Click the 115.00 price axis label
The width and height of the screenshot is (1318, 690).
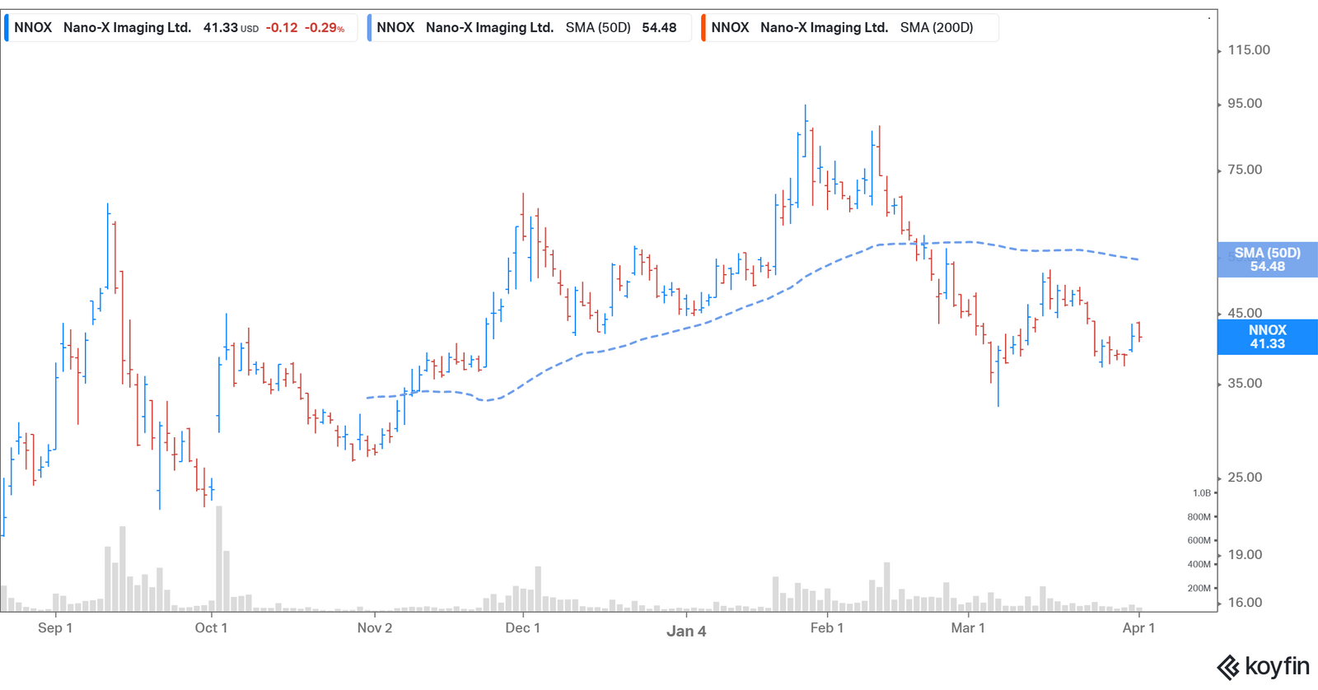point(1248,50)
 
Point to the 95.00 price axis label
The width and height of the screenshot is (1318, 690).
point(1244,104)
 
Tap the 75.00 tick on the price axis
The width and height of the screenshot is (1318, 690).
point(1244,170)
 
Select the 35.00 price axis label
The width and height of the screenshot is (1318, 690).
point(1244,384)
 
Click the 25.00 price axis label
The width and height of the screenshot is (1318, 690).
point(1244,478)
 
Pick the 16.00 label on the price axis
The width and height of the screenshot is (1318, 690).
point(1244,603)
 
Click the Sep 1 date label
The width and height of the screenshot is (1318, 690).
point(55,628)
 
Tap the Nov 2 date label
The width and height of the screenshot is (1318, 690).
point(375,628)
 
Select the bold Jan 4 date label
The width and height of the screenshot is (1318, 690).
point(686,632)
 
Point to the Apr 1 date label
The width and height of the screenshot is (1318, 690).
point(1138,628)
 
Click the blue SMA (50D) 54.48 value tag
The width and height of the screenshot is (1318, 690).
point(1267,260)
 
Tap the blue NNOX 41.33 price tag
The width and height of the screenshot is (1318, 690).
point(1267,337)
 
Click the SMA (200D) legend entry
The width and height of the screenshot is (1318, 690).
point(848,28)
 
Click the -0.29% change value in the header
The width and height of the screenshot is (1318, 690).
point(325,28)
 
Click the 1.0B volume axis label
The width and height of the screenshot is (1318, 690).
point(1202,493)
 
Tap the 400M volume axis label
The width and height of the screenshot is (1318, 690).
point(1199,565)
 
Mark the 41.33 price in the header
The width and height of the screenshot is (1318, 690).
point(221,28)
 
